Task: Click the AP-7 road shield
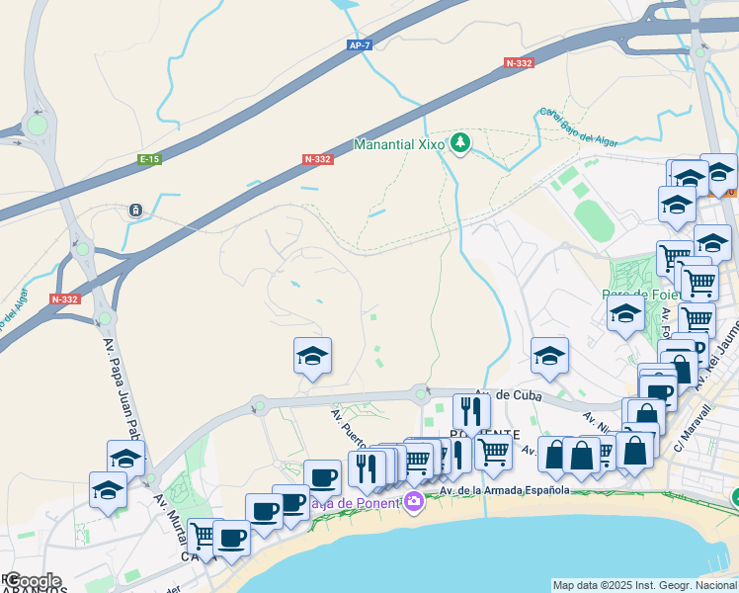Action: pos(359,45)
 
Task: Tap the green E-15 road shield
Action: pos(150,159)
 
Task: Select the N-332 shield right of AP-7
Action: pos(519,63)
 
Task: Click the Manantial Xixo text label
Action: pos(399,144)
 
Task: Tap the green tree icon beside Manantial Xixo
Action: pos(459,144)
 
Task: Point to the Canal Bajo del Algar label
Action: pos(579,127)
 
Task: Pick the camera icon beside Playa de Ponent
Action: pos(413,502)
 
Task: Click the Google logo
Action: pos(32,581)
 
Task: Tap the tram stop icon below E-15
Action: pos(135,210)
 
